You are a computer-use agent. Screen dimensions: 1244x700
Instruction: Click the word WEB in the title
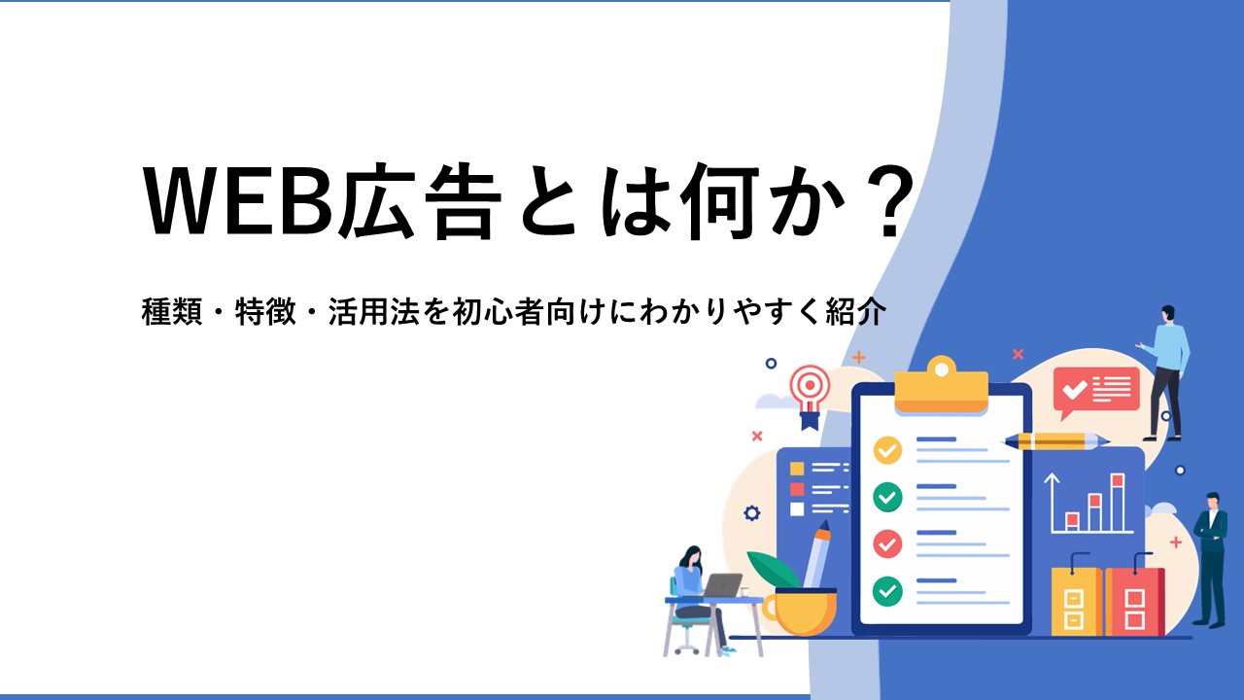241,201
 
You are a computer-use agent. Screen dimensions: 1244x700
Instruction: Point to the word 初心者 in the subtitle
499,312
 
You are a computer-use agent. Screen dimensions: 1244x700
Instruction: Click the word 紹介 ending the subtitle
855,312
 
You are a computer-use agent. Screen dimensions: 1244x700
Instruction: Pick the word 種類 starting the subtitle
172,312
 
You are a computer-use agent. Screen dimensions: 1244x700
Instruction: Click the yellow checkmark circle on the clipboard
887,450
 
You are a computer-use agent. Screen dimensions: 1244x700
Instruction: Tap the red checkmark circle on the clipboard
887,543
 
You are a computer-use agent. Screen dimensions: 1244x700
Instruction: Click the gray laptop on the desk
721,585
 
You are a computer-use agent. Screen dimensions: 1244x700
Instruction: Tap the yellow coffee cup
800,611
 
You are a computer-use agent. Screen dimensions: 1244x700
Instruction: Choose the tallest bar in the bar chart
1118,503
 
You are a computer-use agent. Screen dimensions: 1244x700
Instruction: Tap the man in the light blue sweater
1165,372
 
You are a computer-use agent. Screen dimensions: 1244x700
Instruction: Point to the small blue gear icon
752,512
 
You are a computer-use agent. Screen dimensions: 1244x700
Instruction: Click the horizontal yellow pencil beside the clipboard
1056,442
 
